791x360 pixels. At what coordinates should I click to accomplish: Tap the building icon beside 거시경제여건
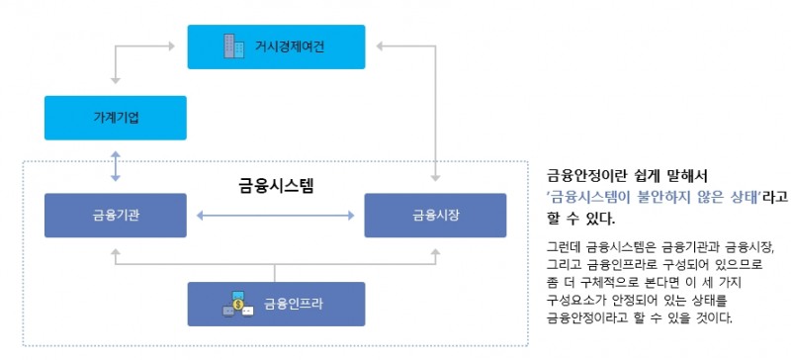pyautogui.click(x=231, y=45)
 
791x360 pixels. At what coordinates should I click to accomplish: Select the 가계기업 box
pyautogui.click(x=116, y=118)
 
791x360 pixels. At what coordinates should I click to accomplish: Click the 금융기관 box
pyautogui.click(x=116, y=214)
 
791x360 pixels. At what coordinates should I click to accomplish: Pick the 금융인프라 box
pyautogui.click(x=277, y=304)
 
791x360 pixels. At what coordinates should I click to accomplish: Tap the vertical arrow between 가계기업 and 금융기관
pyautogui.click(x=117, y=166)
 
